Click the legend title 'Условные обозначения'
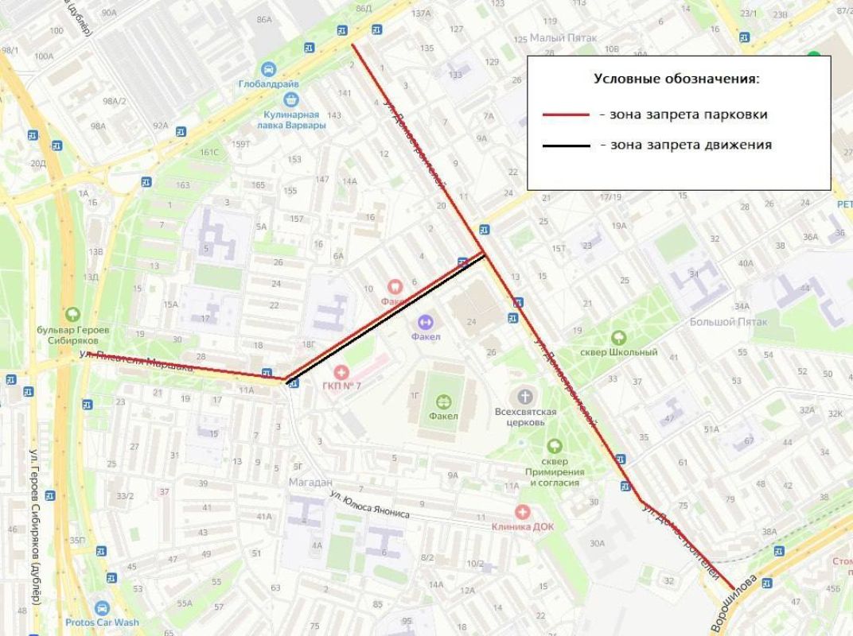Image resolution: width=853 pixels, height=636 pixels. pos(676,79)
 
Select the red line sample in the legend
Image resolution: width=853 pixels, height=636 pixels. pos(566,115)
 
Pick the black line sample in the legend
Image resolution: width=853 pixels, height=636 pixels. pos(566,145)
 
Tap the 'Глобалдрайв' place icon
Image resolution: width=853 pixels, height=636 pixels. pos(268,70)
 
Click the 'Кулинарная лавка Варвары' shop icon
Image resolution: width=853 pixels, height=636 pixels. pos(291,99)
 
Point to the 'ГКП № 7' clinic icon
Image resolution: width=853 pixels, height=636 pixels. pos(341,372)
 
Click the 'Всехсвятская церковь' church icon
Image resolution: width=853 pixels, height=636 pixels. pos(524,397)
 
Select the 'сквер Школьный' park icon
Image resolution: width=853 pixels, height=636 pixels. pos(618,338)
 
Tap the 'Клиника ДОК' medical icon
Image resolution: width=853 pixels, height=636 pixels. pos(522,513)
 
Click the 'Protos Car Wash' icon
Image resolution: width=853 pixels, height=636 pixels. pos(102,608)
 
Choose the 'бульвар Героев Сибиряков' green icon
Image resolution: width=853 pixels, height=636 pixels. pos(73,315)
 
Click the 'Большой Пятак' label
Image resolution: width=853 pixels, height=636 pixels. pos(728,322)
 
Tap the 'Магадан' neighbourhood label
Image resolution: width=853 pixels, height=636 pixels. pos(310,482)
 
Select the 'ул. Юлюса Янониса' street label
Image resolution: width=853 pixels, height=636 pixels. pos(370,504)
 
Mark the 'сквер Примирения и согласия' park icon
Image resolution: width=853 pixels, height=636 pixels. pos(554,446)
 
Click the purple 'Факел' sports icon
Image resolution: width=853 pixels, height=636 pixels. pos(425,322)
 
